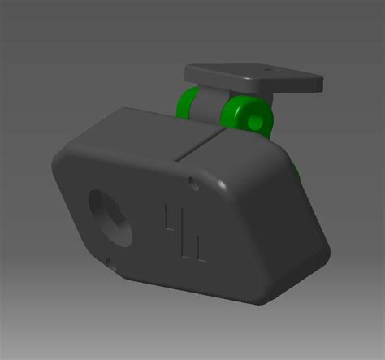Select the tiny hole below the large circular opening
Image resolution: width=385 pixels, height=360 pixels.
110,261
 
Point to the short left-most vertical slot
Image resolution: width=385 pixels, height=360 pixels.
167,220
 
